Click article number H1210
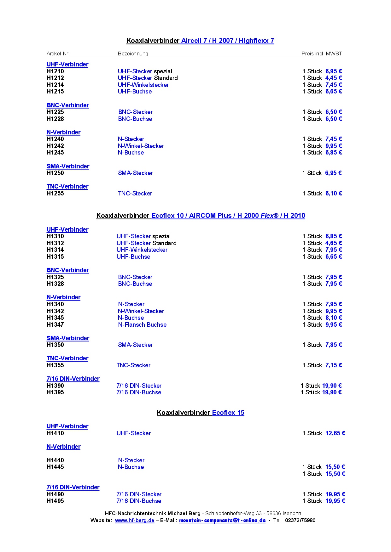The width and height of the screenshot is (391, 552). (x=55, y=71)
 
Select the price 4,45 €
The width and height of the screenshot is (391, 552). (x=334, y=78)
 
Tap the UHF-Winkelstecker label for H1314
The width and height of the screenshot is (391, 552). (x=142, y=250)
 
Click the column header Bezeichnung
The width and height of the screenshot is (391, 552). (x=133, y=54)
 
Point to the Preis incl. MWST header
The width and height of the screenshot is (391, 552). (x=322, y=54)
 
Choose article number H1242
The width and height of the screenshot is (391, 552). (x=55, y=146)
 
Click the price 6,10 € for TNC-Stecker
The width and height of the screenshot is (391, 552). (x=334, y=194)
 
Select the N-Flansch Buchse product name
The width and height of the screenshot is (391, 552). (x=142, y=325)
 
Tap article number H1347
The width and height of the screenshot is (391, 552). (x=55, y=325)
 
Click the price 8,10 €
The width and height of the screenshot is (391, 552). (x=334, y=318)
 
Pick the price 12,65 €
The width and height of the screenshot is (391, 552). (x=335, y=433)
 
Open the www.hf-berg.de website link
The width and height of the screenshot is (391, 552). (x=135, y=521)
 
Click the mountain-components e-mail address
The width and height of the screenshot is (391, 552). (x=222, y=521)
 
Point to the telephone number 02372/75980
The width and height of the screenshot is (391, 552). (x=300, y=521)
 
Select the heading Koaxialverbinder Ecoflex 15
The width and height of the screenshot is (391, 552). (x=201, y=413)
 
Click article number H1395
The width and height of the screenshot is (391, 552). (x=55, y=392)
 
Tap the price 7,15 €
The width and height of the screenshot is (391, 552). (x=334, y=365)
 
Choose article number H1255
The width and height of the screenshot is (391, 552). (x=55, y=194)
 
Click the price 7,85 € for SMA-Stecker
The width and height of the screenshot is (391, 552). (x=334, y=345)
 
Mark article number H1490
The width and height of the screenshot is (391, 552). (x=55, y=494)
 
